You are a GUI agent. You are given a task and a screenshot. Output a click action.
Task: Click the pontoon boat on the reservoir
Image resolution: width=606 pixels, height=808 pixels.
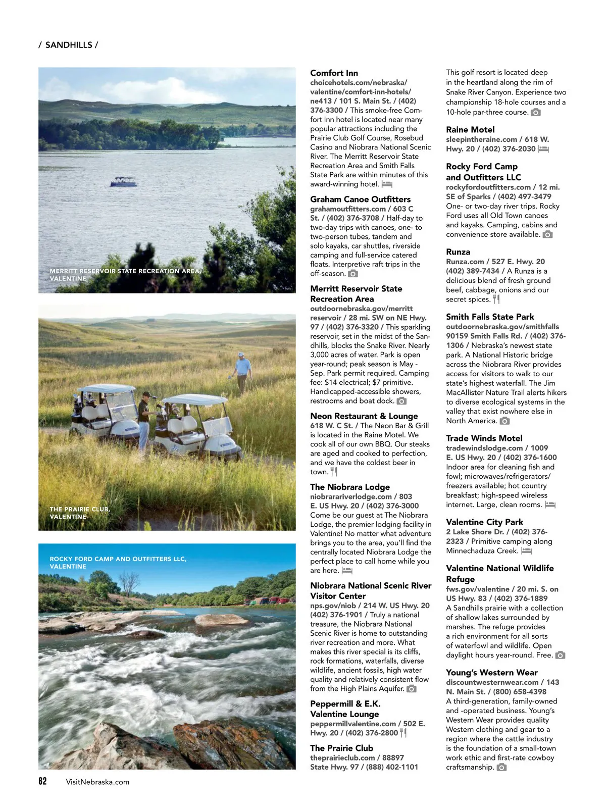[123, 182]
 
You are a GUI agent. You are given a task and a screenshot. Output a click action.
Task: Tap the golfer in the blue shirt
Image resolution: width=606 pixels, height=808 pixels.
[243, 371]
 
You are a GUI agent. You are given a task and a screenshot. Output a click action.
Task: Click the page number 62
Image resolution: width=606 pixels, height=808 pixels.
[42, 781]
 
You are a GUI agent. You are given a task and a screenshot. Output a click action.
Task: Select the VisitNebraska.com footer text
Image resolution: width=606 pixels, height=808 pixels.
[97, 782]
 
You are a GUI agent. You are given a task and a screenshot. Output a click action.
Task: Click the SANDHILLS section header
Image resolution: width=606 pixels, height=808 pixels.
[68, 45]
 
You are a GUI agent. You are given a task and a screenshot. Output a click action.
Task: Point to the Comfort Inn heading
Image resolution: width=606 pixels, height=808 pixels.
[334, 73]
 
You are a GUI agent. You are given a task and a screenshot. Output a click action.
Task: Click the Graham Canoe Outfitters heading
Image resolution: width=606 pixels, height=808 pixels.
[360, 199]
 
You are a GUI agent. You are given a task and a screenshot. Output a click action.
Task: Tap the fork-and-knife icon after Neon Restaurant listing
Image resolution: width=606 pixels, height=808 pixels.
[334, 472]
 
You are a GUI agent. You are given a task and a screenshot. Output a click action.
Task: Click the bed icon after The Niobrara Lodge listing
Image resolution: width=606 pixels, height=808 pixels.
[347, 571]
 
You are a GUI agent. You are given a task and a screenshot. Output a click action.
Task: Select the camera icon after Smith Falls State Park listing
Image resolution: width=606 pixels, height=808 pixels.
[504, 421]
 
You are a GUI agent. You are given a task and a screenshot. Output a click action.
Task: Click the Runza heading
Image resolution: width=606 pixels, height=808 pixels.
[458, 251]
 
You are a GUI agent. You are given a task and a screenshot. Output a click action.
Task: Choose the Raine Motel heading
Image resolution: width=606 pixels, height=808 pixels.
[470, 129]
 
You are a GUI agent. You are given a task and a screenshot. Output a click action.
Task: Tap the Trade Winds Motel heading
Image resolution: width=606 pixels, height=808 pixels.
[484, 438]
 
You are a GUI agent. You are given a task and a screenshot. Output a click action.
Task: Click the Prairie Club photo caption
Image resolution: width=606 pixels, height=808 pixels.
[80, 513]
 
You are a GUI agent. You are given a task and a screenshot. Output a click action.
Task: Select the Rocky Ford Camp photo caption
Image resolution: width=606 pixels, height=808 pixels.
[118, 563]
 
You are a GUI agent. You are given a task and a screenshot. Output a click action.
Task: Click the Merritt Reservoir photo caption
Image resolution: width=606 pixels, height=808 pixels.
[125, 275]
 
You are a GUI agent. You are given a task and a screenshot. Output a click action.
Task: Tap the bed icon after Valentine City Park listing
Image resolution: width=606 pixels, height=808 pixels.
[527, 551]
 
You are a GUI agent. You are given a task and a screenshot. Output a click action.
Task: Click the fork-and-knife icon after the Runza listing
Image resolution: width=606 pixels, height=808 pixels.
[496, 299]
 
